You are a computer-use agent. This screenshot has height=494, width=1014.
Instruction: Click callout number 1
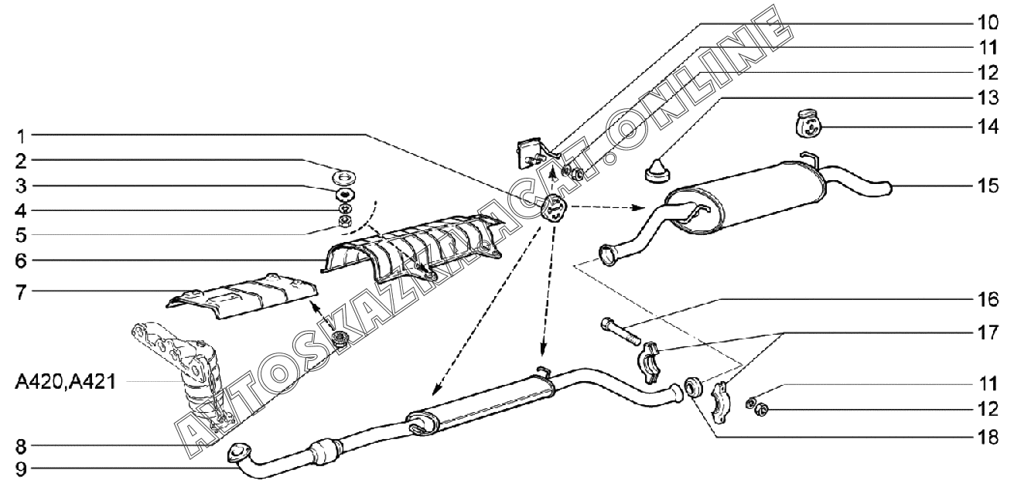pyautogui.click(x=22, y=135)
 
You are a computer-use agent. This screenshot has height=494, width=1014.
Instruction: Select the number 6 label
pyautogui.click(x=22, y=261)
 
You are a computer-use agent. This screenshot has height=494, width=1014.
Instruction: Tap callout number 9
pyautogui.click(x=22, y=469)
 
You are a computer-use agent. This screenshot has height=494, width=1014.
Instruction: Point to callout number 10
pyautogui.click(x=988, y=22)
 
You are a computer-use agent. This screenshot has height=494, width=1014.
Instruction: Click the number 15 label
pyautogui.click(x=988, y=186)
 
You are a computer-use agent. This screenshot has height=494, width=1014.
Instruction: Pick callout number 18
pyautogui.click(x=988, y=438)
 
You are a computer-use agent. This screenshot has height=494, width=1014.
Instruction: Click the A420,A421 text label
pyautogui.click(x=66, y=383)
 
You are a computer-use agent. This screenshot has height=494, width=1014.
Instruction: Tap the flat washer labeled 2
pyautogui.click(x=345, y=175)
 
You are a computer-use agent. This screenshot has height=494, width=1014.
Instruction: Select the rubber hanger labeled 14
pyautogui.click(x=808, y=123)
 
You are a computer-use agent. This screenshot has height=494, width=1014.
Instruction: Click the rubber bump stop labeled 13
pyautogui.click(x=657, y=171)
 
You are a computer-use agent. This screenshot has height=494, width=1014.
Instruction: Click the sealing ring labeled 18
pyautogui.click(x=692, y=387)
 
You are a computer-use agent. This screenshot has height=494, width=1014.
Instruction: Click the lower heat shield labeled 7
pyautogui.click(x=242, y=296)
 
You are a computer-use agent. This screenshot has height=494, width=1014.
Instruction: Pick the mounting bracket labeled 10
pyautogui.click(x=534, y=153)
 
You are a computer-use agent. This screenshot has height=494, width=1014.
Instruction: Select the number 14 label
pyautogui.click(x=988, y=127)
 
